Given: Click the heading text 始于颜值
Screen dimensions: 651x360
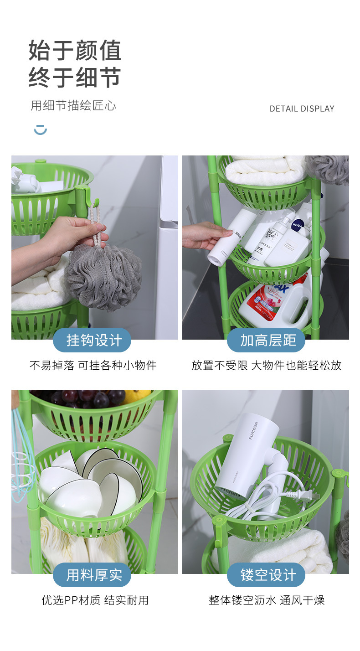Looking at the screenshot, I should coord(75,50).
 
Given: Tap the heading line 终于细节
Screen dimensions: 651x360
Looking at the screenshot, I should coord(75,77).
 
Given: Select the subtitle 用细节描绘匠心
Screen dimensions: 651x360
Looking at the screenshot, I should coord(73,106).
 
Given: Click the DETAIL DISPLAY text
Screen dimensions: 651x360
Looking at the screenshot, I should coord(302,108).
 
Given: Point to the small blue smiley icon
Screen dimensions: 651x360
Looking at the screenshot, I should coord(40,129).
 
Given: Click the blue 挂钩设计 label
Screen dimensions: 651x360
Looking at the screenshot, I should coord(92,340).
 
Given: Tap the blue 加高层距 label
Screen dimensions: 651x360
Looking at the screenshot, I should coord(266,340).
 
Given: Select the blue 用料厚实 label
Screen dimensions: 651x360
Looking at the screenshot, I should coord(92,575).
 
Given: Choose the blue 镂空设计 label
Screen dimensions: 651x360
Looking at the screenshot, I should coord(266,575).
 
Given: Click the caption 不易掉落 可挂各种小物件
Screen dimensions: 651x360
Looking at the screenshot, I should coord(93,365).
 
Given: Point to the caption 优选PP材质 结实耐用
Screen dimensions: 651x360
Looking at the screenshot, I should coord(95,600).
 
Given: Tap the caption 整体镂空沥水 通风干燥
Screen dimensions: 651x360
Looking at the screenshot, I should coord(267,600).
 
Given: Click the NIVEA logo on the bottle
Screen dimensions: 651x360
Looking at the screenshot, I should coord(298,225).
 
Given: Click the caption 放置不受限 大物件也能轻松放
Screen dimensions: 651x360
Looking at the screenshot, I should coord(266,365).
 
